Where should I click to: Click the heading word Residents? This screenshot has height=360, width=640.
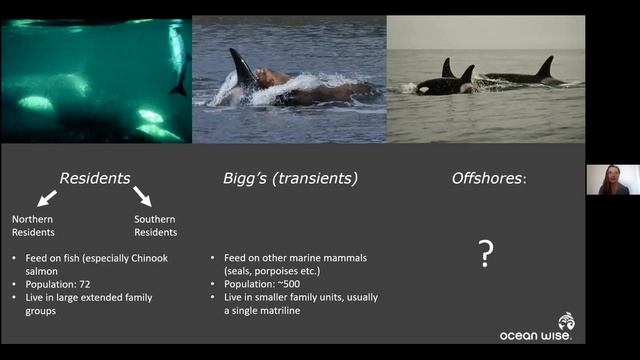pyautogui.click(x=94, y=178)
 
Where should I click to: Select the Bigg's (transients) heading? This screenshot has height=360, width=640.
pyautogui.click(x=290, y=178)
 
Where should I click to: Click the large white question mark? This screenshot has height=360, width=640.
pyautogui.click(x=485, y=253)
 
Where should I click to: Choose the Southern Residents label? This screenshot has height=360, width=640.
pyautogui.click(x=155, y=225)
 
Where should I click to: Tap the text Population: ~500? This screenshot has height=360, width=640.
pyautogui.click(x=263, y=284)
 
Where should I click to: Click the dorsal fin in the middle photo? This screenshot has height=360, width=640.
pyautogui.click(x=243, y=68)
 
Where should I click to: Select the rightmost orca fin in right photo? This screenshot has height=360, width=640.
pyautogui.click(x=545, y=67)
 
